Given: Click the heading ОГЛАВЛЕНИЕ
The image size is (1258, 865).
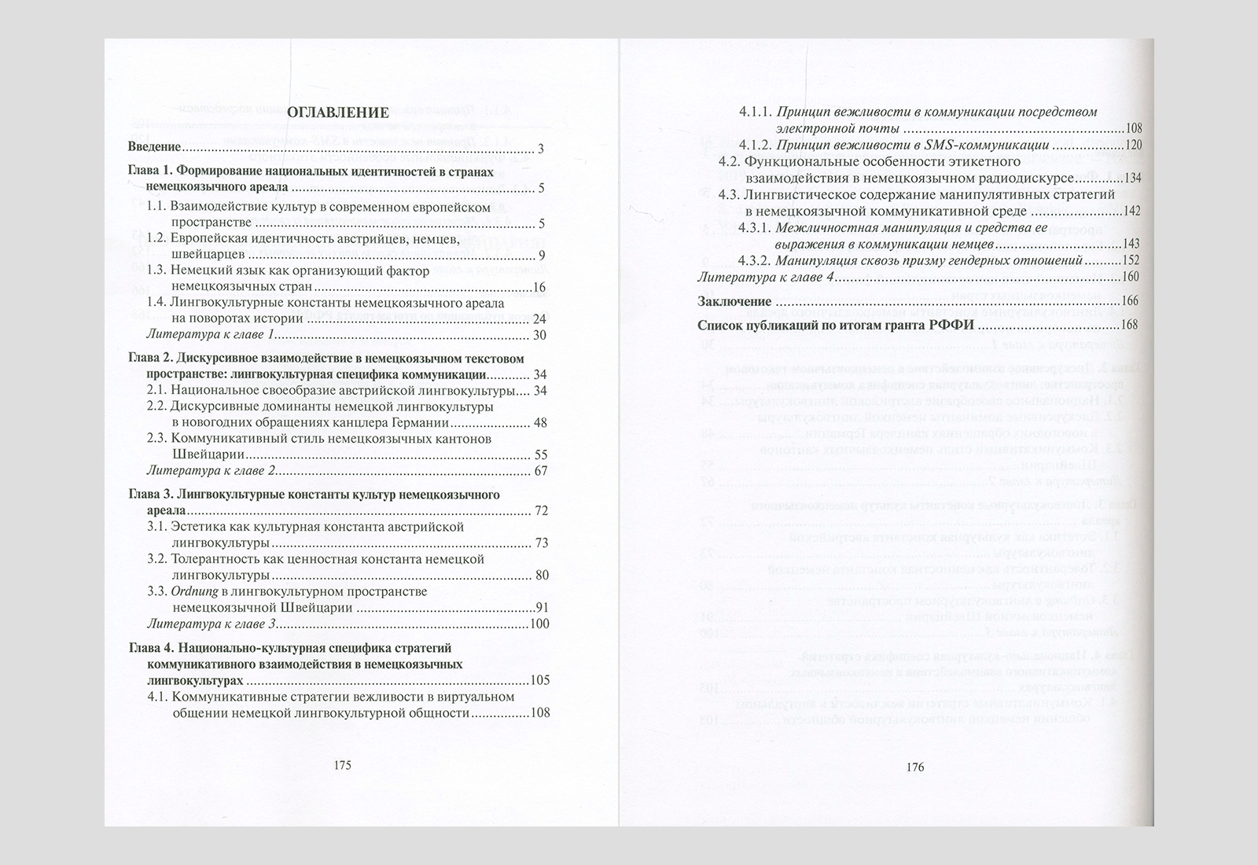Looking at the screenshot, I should (338, 113).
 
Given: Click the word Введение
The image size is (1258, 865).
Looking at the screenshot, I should (155, 148).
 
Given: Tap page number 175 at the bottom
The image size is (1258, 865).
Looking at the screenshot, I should (342, 765).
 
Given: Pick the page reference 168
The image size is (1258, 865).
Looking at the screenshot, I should (1130, 325).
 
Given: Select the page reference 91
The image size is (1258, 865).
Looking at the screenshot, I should (541, 608).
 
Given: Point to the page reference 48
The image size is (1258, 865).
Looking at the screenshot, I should (539, 423).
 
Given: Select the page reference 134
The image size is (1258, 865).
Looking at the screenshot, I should (1131, 178).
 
